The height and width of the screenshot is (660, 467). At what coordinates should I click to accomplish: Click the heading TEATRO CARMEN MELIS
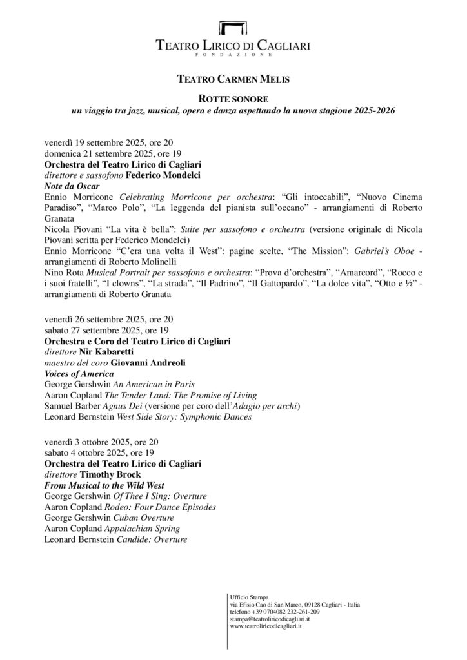233,80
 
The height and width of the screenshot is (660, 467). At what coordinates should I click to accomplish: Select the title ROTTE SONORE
233,100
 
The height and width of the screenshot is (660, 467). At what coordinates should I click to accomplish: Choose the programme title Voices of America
79,373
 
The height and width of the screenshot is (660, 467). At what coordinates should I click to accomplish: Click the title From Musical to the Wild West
104,485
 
